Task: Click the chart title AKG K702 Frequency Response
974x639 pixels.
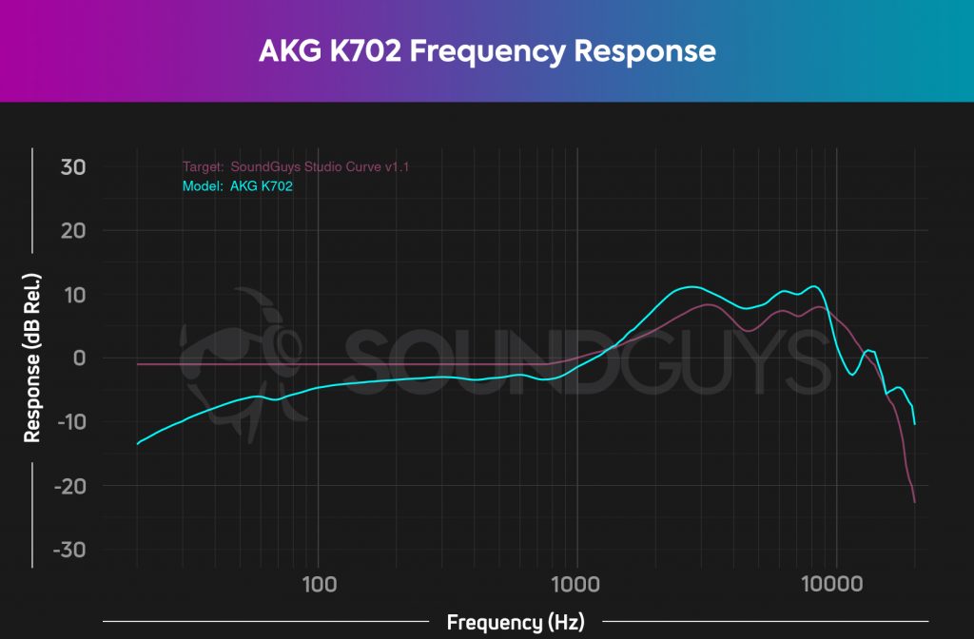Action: [486, 50]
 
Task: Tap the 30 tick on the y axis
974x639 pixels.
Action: [73, 167]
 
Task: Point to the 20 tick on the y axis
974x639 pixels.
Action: [73, 231]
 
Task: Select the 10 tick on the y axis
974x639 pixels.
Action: [74, 295]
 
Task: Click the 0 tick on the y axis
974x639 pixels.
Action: [79, 358]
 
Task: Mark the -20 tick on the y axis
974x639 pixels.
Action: [68, 486]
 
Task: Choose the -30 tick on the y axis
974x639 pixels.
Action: [68, 550]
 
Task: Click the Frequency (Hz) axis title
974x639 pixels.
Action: [516, 623]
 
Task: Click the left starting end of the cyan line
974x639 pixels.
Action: [137, 444]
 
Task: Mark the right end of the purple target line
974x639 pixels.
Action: [914, 502]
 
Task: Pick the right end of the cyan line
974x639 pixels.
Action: [914, 423]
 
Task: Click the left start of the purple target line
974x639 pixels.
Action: [137, 364]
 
